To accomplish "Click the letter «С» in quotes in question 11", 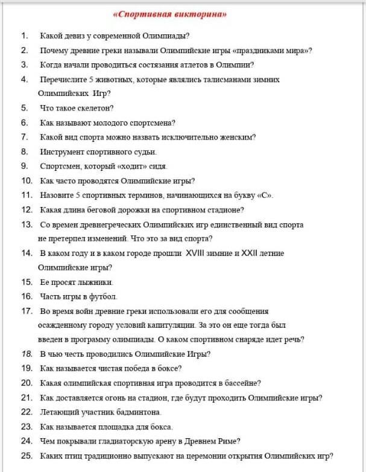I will pyautogui.click(x=264, y=195).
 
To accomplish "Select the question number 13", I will pyautogui.click(x=27, y=224).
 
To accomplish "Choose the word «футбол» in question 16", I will pyautogui.click(x=104, y=296).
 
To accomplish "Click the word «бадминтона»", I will pyautogui.click(x=136, y=412).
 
